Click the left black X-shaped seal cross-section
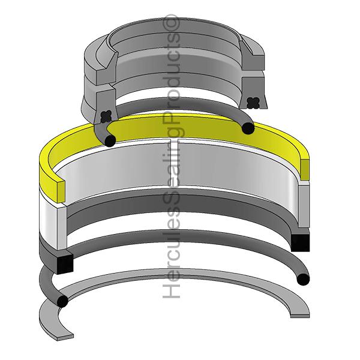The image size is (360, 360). [x=107, y=113]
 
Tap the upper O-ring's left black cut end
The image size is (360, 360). [x=109, y=140]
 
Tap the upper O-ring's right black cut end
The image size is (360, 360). [x=247, y=127]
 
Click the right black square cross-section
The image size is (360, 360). [x=299, y=242]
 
